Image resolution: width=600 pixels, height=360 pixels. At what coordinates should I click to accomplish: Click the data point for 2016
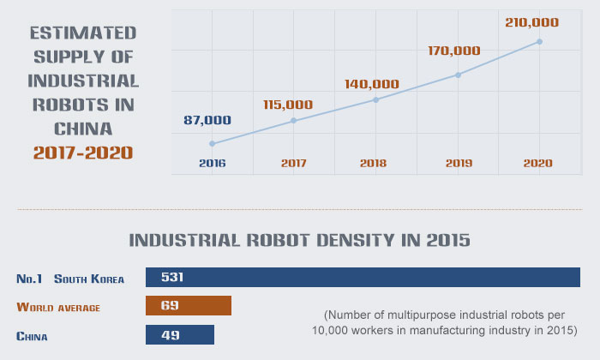click(x=212, y=143)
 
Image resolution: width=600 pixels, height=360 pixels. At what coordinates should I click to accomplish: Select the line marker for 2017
click(x=293, y=121)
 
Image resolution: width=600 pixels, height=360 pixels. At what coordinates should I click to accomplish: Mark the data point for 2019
click(x=458, y=75)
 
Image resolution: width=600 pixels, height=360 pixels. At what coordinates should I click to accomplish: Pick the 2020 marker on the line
click(x=539, y=41)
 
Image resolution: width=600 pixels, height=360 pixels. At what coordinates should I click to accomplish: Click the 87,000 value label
click(x=207, y=120)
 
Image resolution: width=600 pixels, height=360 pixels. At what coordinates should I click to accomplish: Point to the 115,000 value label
click(x=288, y=105)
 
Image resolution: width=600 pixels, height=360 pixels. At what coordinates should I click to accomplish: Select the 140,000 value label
click(x=372, y=84)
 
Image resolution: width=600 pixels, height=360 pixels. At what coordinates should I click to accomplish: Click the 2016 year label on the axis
click(x=211, y=163)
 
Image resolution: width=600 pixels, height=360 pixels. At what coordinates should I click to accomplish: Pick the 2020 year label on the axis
click(x=538, y=163)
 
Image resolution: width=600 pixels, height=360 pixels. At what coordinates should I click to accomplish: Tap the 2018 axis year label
click(x=375, y=163)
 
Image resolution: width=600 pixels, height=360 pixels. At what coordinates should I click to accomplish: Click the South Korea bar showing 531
click(x=363, y=278)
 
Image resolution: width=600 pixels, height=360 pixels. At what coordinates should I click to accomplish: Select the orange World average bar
click(x=189, y=307)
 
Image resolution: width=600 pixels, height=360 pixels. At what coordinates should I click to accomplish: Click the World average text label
click(x=59, y=307)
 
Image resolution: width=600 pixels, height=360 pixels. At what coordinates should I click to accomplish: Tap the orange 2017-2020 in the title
click(x=83, y=153)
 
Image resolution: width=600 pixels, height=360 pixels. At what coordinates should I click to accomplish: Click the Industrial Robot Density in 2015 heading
click(x=299, y=240)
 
